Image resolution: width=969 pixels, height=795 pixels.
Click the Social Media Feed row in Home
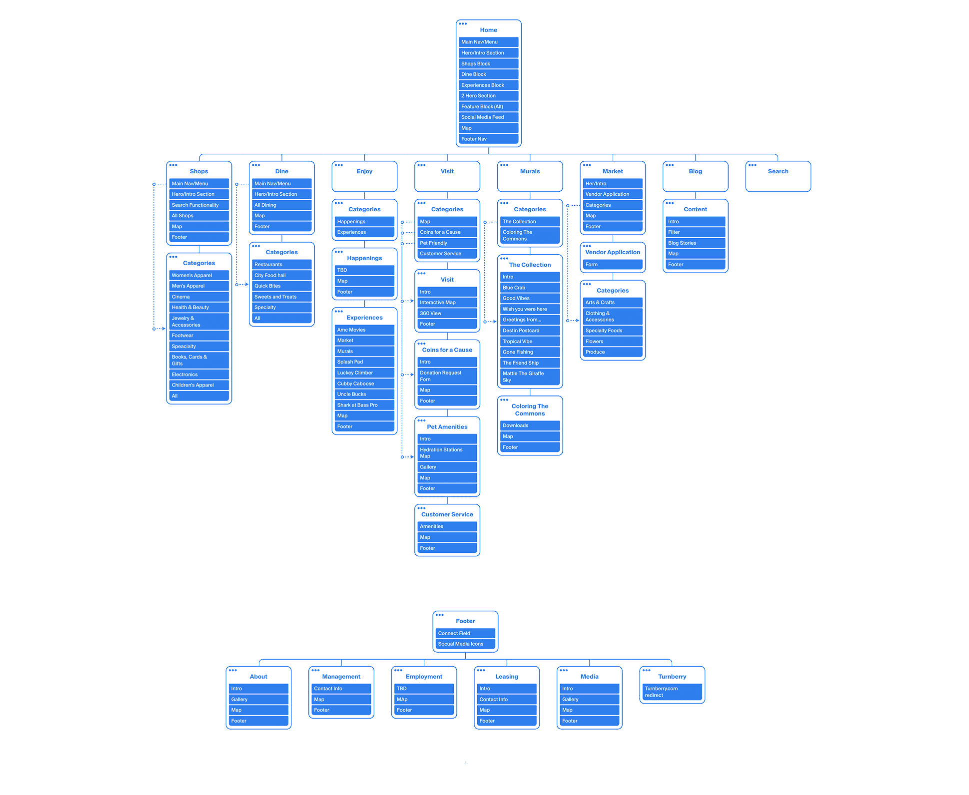[x=488, y=117]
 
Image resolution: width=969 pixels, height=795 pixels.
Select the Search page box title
[x=778, y=171]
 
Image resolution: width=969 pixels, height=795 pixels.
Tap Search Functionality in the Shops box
[x=198, y=205]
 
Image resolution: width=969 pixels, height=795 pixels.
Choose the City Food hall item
[x=281, y=275]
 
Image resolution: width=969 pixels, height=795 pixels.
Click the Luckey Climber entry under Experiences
[x=364, y=373]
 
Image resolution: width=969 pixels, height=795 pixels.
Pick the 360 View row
[x=447, y=314]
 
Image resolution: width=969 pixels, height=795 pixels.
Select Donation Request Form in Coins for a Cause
[x=447, y=376]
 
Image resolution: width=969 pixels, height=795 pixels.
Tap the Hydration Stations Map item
[x=447, y=453]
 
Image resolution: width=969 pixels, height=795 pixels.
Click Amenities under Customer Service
[x=447, y=526]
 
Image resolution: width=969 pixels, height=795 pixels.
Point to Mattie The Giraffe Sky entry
[x=529, y=377]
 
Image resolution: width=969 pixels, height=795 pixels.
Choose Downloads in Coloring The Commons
[x=529, y=425]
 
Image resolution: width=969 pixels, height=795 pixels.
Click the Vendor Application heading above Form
[x=612, y=252]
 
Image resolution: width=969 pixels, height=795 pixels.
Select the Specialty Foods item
[x=612, y=331]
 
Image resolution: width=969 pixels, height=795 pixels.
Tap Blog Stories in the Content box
[x=695, y=243]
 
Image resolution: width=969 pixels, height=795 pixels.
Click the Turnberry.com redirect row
[x=672, y=692]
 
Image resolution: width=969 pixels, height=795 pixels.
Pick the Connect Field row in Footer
[x=465, y=633]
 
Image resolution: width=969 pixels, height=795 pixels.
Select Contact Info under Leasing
[x=506, y=700]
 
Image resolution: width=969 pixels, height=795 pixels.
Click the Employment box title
[x=424, y=677]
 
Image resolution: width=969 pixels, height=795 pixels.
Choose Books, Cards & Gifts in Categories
[x=198, y=360]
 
